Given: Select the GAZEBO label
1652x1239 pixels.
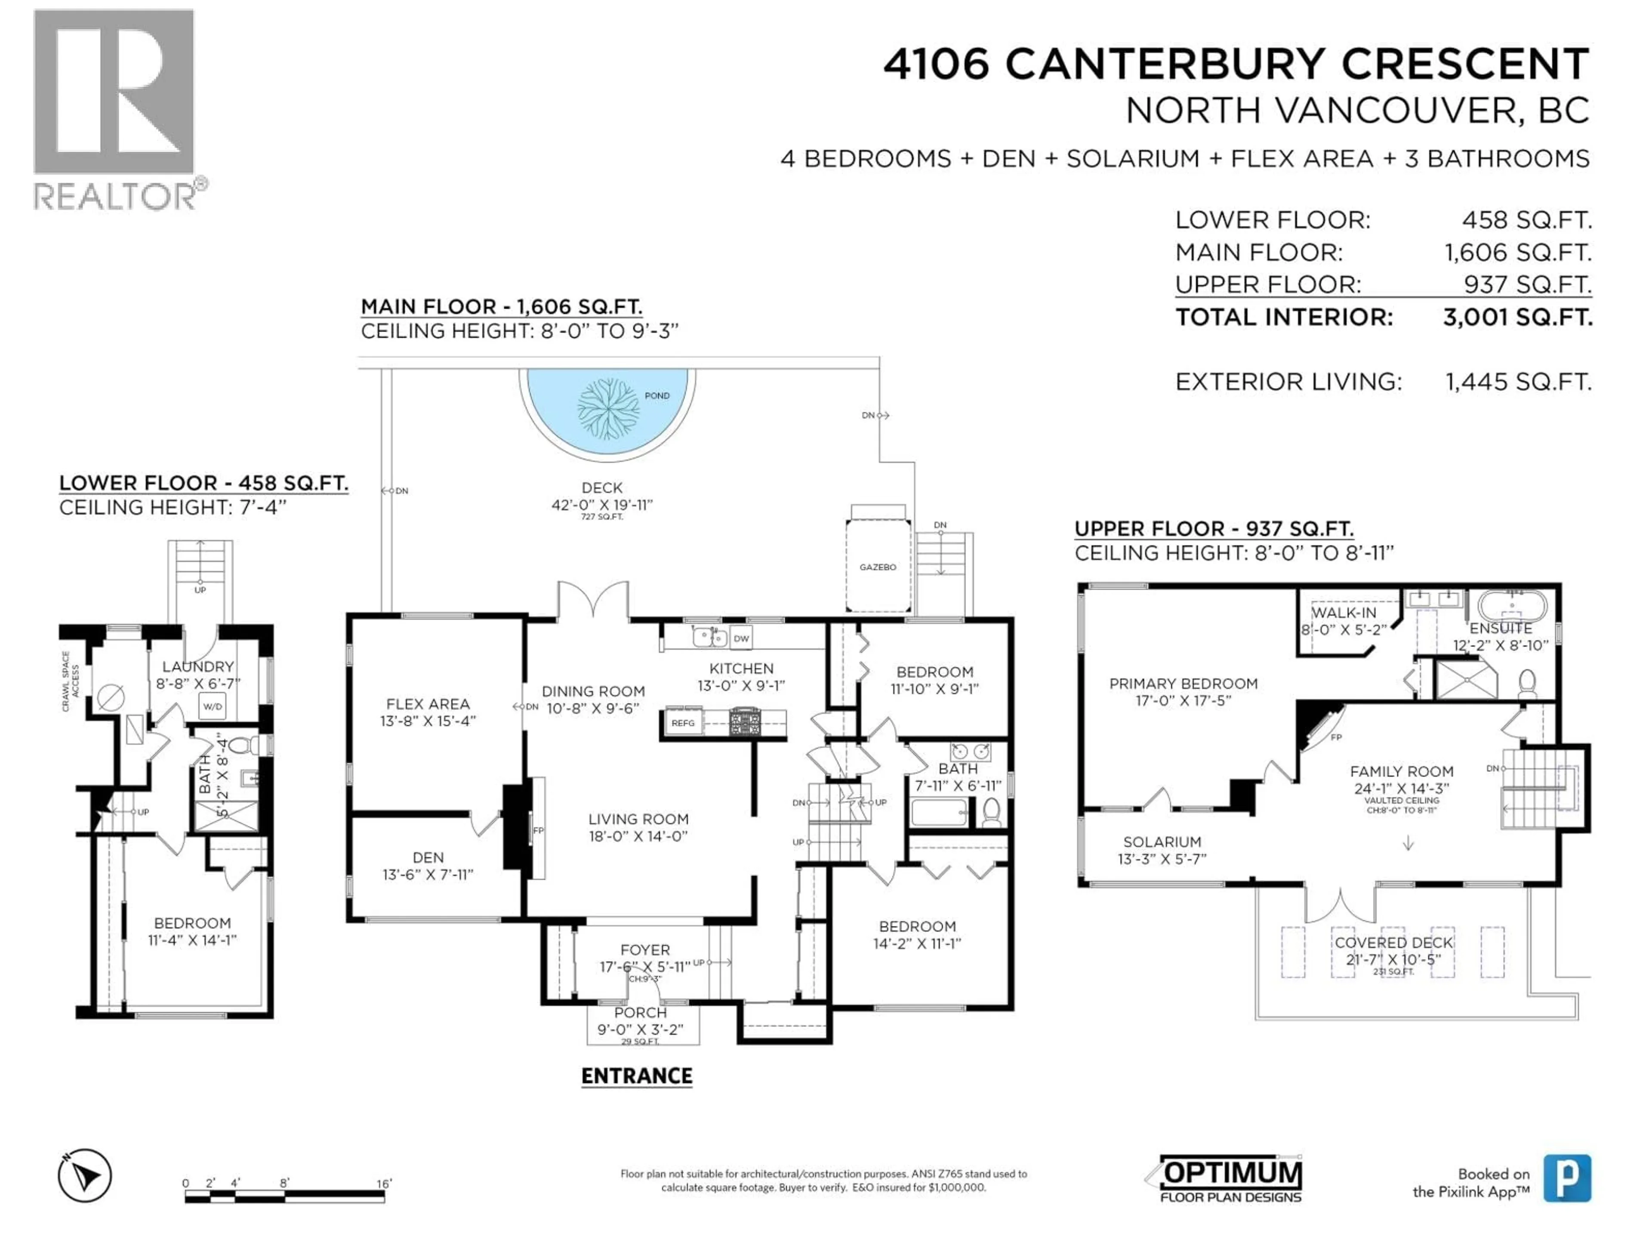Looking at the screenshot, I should click(878, 567).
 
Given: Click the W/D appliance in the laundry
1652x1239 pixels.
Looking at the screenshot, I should click(212, 706).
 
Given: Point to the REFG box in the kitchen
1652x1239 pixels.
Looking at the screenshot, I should click(683, 723).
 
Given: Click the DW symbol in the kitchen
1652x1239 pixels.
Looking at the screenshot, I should click(741, 638).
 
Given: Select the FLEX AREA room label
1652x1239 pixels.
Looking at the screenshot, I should click(428, 704).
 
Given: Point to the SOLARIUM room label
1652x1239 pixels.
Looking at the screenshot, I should click(1162, 841).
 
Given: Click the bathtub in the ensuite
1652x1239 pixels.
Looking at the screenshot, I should click(1513, 604).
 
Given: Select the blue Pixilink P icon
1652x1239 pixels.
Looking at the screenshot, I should click(1567, 1178).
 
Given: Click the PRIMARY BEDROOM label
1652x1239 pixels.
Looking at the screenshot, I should click(1183, 683).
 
